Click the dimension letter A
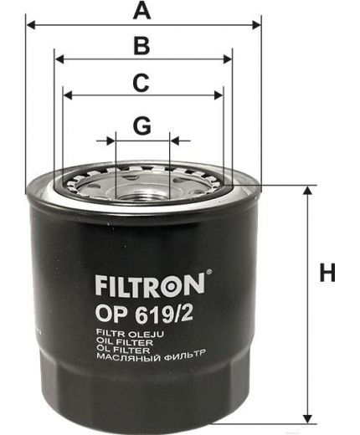click(x=143, y=11)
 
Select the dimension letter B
click(x=142, y=47)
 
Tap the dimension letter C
click(x=142, y=83)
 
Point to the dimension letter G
click(x=142, y=125)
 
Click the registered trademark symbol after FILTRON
click(x=208, y=273)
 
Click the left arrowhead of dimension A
click(x=31, y=25)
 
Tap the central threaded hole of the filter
click(x=142, y=181)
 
